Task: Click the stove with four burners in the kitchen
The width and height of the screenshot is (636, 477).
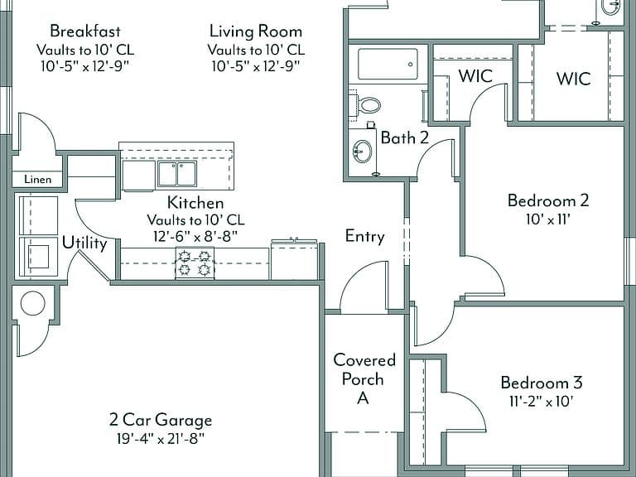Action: pos(195,263)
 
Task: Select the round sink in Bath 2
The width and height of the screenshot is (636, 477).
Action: pos(362,152)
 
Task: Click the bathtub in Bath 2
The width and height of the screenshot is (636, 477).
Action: pos(388,64)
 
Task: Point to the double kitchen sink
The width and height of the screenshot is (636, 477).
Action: pos(177,174)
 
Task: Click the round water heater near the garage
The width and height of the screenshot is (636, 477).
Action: pos(32,303)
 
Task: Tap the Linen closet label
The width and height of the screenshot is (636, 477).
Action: pos(38,179)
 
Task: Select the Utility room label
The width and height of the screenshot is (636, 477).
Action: pos(84,243)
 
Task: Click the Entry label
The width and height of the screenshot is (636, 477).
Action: pos(364,236)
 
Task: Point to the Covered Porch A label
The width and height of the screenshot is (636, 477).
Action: pos(364,378)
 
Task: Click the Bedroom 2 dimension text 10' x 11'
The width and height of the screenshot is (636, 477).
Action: pos(548,219)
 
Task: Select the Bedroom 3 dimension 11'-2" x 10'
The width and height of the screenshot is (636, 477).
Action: pos(541,402)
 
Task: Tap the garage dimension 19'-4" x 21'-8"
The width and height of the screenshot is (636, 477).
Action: pos(160,438)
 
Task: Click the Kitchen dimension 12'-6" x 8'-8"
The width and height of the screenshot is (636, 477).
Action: pos(195,236)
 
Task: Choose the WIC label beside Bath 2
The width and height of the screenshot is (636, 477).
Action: pos(475,76)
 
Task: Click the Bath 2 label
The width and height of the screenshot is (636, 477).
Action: pos(404,138)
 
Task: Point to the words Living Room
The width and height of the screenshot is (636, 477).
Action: pos(256,31)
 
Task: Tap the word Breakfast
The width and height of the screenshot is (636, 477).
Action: pos(85,31)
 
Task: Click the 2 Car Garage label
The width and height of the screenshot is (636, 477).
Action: pos(161,420)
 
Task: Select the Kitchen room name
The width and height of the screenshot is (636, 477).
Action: pos(195,202)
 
